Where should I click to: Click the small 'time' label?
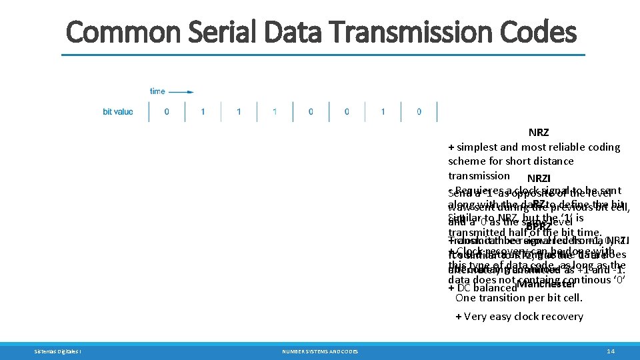(x=157, y=91)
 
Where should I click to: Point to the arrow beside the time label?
(x=186, y=91)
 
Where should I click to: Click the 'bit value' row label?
(x=118, y=111)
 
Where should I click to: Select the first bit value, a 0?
(x=167, y=111)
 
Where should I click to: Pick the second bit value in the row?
(x=203, y=111)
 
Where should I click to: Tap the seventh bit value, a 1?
(x=383, y=111)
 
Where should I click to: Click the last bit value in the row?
(x=419, y=111)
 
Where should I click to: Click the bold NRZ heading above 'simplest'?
(x=539, y=133)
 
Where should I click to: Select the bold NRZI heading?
(x=539, y=179)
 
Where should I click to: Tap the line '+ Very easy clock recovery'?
(x=519, y=317)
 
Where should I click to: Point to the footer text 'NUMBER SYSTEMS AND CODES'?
(x=319, y=351)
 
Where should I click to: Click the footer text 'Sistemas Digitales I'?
(x=58, y=351)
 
